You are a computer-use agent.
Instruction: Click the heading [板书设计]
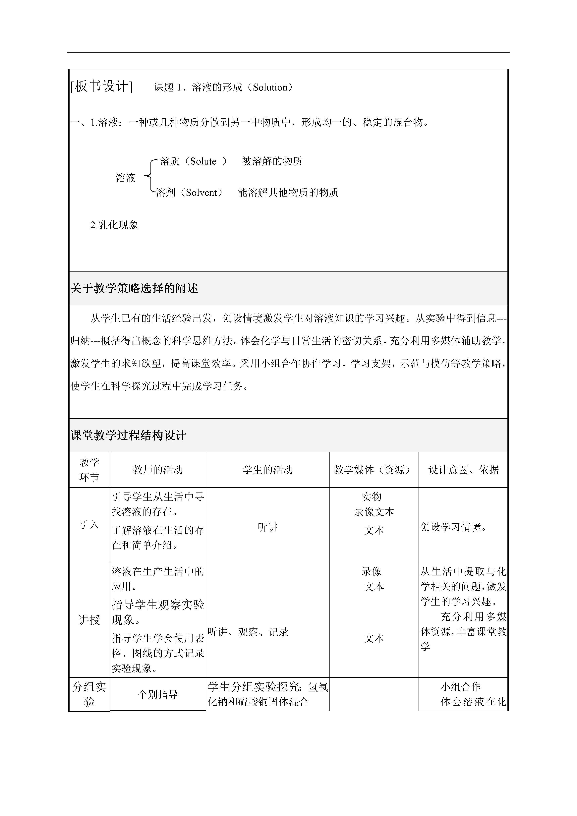point(102,86)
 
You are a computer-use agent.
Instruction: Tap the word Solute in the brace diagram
point(203,161)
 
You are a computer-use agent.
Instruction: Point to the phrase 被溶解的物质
point(272,161)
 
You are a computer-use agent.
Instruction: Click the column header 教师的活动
point(158,470)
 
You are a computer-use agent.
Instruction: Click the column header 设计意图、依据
point(463,470)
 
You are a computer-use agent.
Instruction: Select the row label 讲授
point(89,620)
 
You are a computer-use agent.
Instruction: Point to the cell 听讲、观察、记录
point(248,632)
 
